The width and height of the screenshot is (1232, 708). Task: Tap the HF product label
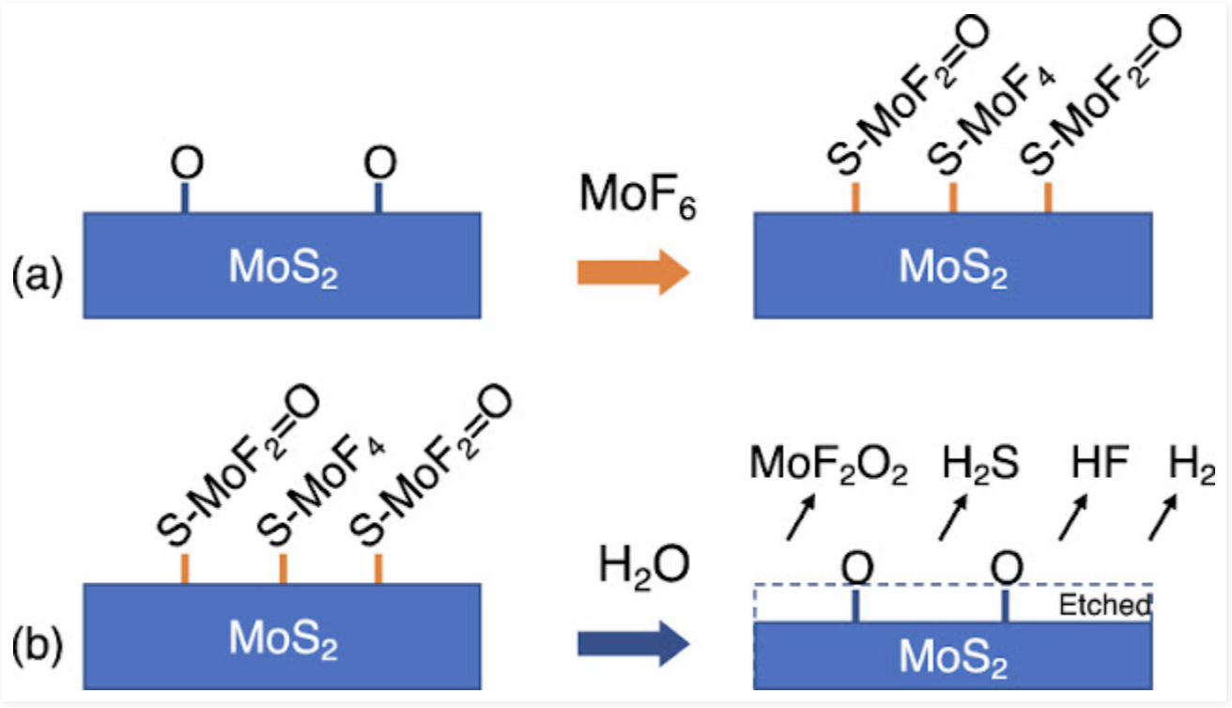click(1100, 464)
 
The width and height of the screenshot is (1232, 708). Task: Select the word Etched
click(1103, 606)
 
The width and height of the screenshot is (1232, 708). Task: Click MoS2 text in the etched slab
click(953, 656)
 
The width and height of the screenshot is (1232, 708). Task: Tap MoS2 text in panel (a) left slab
click(283, 270)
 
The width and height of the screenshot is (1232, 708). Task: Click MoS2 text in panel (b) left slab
click(283, 641)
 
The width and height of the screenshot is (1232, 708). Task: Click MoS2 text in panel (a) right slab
click(953, 269)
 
